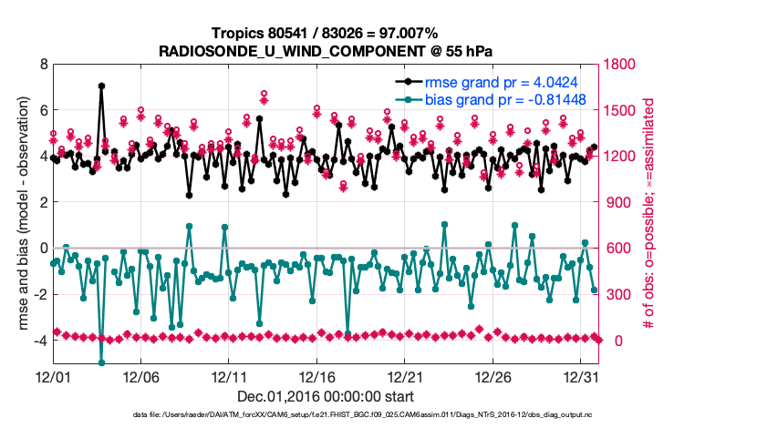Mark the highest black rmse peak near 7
point(101,86)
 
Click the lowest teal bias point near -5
point(101,362)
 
